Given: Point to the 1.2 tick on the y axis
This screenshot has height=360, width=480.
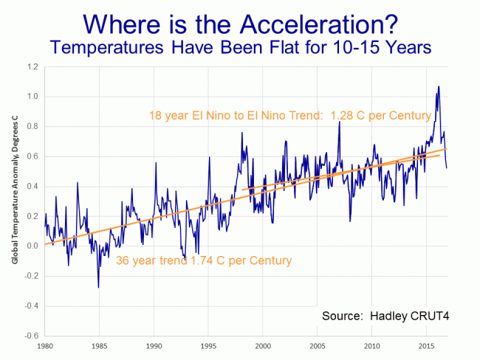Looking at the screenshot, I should (33, 67).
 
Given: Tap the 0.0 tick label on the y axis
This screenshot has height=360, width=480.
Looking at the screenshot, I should (33, 246).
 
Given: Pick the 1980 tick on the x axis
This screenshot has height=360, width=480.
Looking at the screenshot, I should (45, 345).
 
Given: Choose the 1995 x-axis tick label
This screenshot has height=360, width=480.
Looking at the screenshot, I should (208, 345).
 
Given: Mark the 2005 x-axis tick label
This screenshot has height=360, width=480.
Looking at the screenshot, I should (318, 345).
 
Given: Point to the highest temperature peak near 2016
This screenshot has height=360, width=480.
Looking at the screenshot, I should (438, 87).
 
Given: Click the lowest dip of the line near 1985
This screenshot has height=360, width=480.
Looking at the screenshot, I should (98, 287).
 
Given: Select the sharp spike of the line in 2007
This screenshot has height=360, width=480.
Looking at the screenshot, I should (339, 122).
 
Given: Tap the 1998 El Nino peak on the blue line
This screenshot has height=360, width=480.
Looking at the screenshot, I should (241, 133).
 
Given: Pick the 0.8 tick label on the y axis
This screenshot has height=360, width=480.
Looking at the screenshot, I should (33, 127).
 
